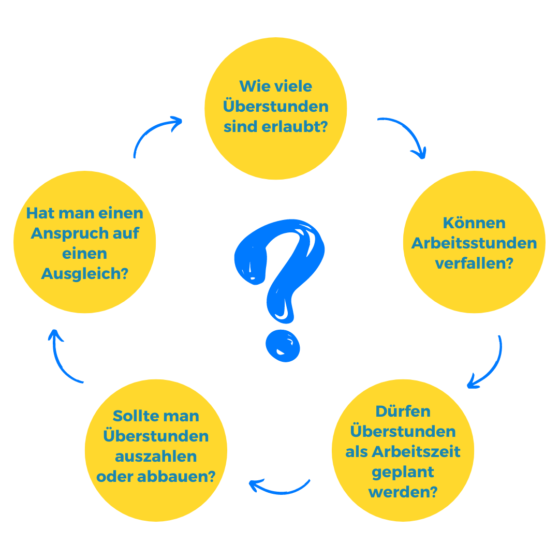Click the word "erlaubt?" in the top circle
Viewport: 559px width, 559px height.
pyautogui.click(x=302, y=127)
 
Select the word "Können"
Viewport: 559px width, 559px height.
pyautogui.click(x=474, y=223)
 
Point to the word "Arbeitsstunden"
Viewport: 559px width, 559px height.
pyautogui.click(x=474, y=243)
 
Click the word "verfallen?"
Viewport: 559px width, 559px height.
pyautogui.click(x=474, y=263)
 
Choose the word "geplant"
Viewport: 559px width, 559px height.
pyautogui.click(x=403, y=472)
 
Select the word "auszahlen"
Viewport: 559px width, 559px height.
pyautogui.click(x=156, y=457)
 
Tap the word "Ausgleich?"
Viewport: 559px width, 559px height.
pyautogui.click(x=85, y=274)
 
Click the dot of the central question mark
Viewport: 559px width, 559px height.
pyautogui.click(x=283, y=347)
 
